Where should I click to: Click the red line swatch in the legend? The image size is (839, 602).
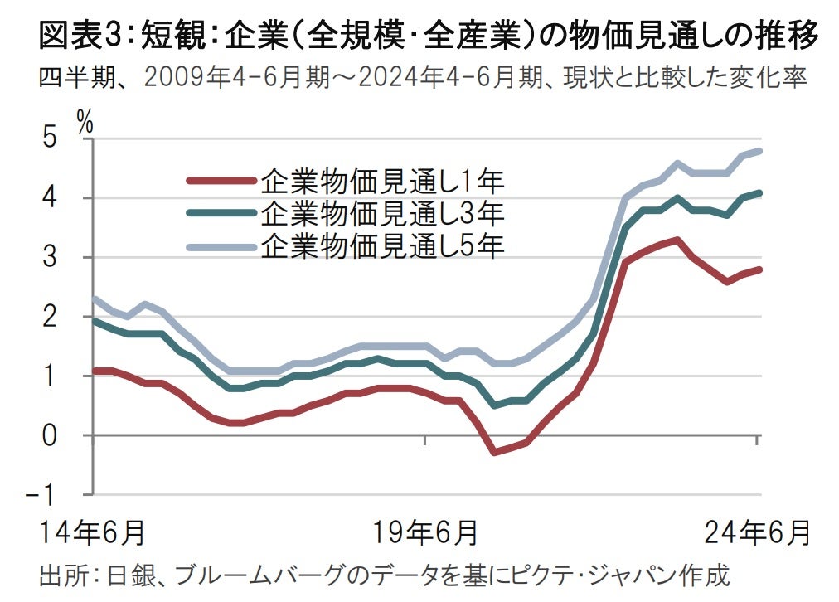pos(220,181)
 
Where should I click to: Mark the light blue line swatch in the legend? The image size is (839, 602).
pos(220,245)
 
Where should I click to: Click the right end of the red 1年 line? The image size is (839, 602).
pos(759,269)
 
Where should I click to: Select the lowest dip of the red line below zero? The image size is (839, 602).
pos(494,452)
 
